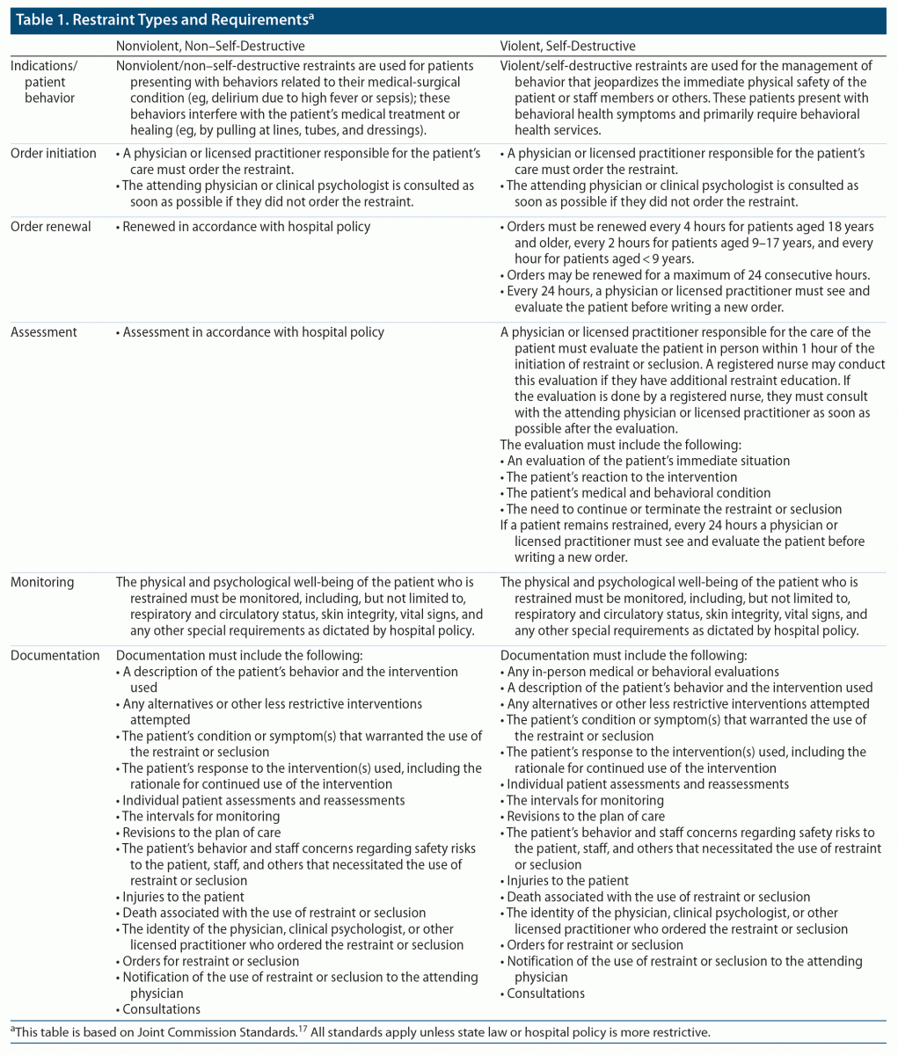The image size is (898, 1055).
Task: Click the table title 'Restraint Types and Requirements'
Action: click(167, 20)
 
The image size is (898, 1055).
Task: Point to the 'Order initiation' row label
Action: click(54, 153)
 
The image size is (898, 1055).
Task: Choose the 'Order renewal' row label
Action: click(51, 227)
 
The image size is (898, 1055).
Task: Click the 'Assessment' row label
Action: click(44, 332)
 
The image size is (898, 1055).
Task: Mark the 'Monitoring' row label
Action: click(42, 582)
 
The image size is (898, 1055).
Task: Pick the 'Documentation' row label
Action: click(55, 655)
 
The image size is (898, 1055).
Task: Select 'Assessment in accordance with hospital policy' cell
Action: click(253, 332)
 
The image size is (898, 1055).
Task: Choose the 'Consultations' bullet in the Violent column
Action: click(545, 993)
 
